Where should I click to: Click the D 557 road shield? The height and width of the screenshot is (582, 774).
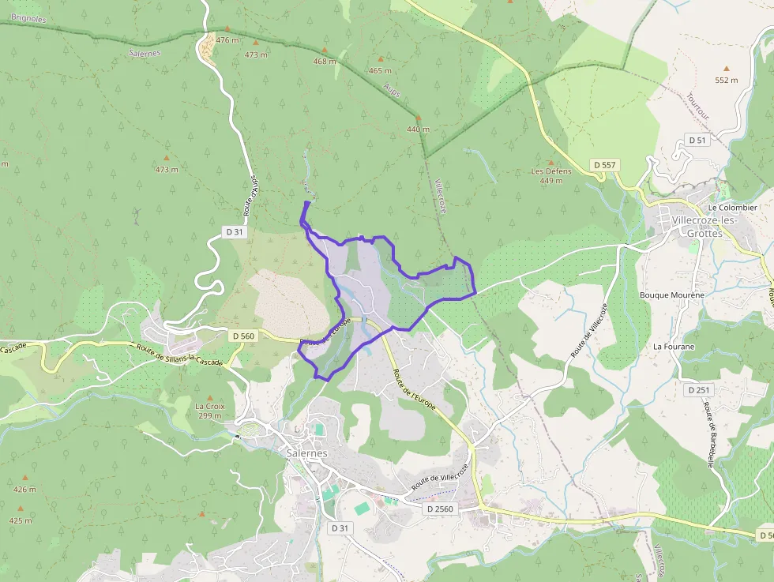click(x=606, y=165)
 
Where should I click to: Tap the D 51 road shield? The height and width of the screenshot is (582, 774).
click(x=697, y=140)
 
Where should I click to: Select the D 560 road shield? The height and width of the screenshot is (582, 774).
click(x=243, y=336)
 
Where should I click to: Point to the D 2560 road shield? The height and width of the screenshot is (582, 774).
click(x=440, y=509)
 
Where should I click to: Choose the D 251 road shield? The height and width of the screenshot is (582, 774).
click(x=699, y=390)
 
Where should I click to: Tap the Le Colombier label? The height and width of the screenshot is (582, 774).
click(x=733, y=208)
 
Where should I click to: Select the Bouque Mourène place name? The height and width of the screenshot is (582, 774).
click(x=671, y=295)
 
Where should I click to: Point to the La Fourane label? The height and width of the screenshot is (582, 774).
click(x=673, y=347)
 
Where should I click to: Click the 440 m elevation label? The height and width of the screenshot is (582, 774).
click(x=418, y=129)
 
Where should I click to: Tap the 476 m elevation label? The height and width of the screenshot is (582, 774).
click(x=227, y=39)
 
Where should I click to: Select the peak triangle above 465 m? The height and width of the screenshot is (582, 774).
click(x=381, y=59)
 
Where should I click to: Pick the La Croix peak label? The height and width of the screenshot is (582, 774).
click(x=210, y=406)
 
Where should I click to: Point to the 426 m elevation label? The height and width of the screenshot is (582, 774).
click(x=24, y=489)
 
